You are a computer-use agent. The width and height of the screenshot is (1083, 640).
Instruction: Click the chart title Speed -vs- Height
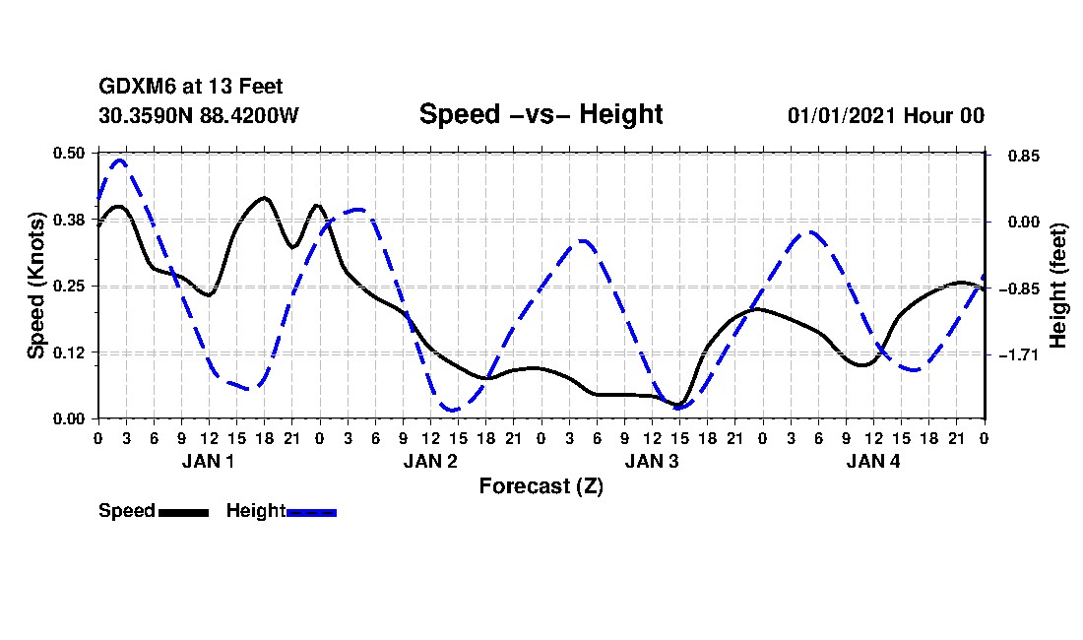(x=541, y=114)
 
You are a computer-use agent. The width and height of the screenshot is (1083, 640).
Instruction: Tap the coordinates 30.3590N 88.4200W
(x=198, y=116)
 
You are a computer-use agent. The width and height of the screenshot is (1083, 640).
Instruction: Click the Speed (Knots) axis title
(x=36, y=286)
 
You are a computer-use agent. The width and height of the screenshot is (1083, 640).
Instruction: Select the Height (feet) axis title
(x=1059, y=286)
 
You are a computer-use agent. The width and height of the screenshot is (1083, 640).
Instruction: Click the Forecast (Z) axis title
(x=541, y=485)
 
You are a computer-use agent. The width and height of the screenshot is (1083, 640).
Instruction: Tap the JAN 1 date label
(x=208, y=461)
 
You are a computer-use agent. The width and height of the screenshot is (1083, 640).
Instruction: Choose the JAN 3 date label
(x=651, y=461)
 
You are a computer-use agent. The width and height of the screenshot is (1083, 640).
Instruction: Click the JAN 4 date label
(x=873, y=461)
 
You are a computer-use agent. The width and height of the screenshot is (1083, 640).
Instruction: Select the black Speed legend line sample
(x=183, y=512)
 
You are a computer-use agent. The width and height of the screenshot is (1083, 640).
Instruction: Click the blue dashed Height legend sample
(x=311, y=512)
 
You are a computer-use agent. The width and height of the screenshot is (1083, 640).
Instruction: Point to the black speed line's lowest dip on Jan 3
(x=678, y=405)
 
